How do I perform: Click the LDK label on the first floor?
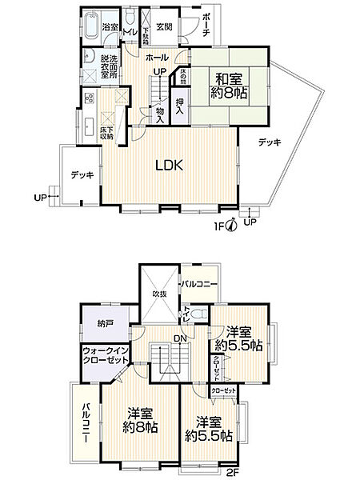pyautogui.click(x=170, y=166)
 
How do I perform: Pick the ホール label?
pyautogui.click(x=157, y=58)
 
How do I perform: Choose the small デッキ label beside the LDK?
pyautogui.click(x=81, y=174)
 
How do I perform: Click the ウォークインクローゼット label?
pyautogui.click(x=104, y=356)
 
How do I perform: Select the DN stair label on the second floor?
pyautogui.click(x=180, y=338)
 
